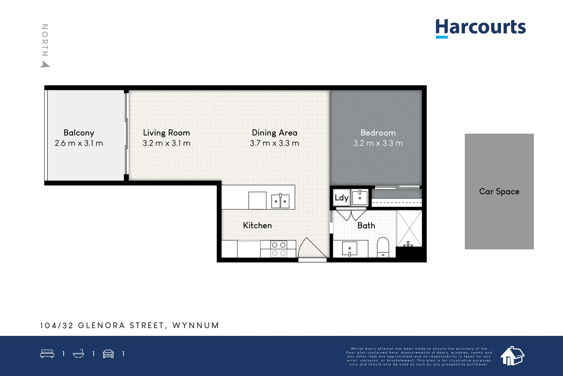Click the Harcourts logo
(480, 27)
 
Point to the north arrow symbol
(45, 64)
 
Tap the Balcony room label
(79, 133)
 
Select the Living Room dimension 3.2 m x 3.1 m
(166, 143)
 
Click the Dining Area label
(274, 133)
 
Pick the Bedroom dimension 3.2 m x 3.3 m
(378, 143)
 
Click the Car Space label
(499, 192)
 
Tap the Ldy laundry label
(341, 198)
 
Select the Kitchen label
(257, 226)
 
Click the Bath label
(366, 226)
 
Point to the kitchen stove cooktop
(279, 249)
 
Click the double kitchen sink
(280, 201)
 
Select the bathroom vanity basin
(350, 249)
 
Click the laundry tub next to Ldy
(360, 197)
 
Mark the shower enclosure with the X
(409, 228)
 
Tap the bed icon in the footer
(47, 354)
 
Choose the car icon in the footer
(108, 354)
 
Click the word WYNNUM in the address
(196, 326)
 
